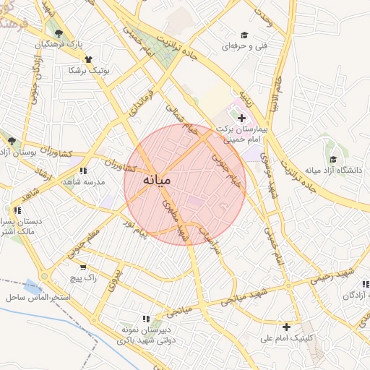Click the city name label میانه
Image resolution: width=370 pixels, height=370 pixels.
click(x=157, y=178)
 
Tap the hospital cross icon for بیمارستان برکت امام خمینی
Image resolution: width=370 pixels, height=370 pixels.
click(x=241, y=117)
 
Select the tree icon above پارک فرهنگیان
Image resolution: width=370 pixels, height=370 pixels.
click(x=59, y=33)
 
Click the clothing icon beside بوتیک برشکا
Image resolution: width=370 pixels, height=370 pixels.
click(x=89, y=59)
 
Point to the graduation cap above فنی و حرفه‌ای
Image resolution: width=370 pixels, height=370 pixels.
click(x=244, y=35)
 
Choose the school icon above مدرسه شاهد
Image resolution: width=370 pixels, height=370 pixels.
click(x=83, y=171)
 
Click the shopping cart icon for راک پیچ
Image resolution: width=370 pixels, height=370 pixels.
click(x=83, y=267)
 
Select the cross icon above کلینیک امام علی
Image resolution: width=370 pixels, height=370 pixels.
click(x=287, y=327)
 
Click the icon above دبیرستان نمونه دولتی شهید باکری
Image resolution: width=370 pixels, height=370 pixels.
click(x=146, y=318)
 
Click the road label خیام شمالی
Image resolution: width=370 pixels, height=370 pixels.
click(x=181, y=120)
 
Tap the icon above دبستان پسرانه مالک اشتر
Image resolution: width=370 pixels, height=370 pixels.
click(x=17, y=210)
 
